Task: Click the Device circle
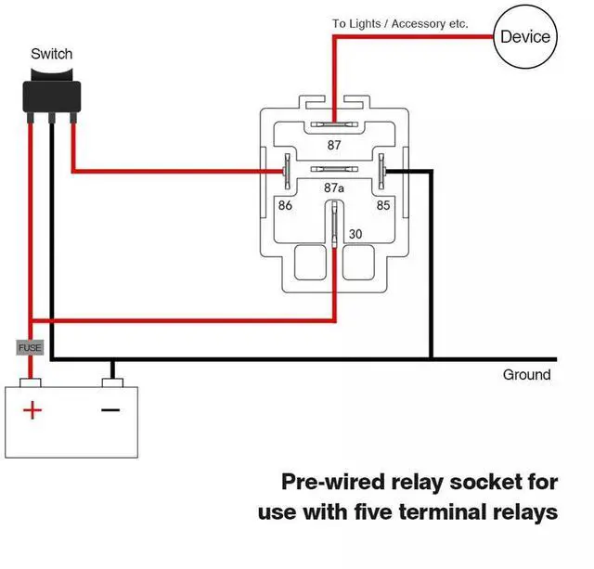[x=525, y=37]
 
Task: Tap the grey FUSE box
[x=31, y=347]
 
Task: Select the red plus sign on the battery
[x=32, y=409]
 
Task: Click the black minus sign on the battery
[x=110, y=409]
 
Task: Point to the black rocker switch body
[x=51, y=93]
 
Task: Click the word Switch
[x=51, y=54]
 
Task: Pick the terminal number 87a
[x=334, y=188]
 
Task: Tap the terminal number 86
[x=286, y=205]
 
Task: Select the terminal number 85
[x=382, y=205]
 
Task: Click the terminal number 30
[x=354, y=234]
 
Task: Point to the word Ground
[x=526, y=375]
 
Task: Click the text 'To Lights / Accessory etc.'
[x=400, y=23]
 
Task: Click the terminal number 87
[x=334, y=145]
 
